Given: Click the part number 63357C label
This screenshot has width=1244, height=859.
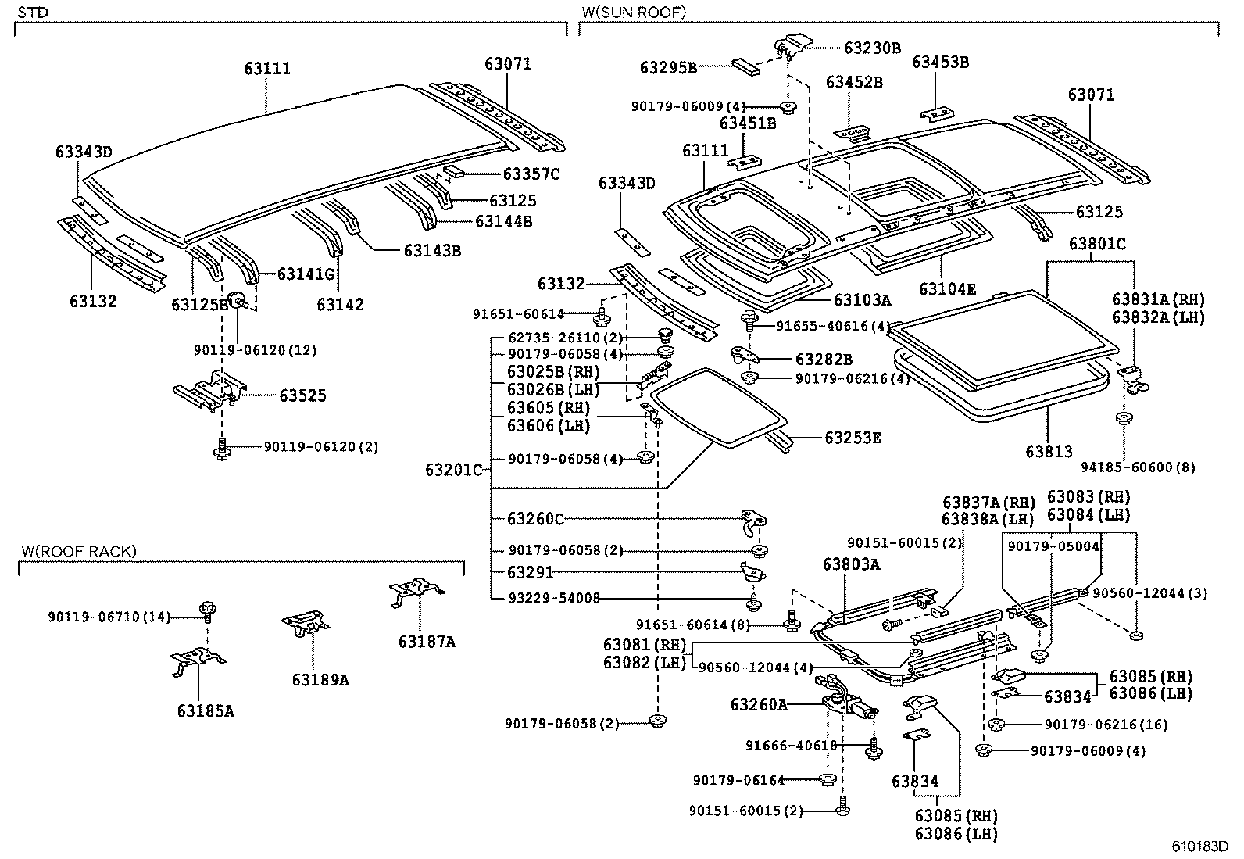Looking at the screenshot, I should point(531,174).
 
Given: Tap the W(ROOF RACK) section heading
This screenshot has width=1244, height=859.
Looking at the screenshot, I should point(78,552).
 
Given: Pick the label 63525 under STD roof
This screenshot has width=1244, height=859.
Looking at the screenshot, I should point(302,395).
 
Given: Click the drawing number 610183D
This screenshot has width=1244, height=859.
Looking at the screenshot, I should point(1199,846).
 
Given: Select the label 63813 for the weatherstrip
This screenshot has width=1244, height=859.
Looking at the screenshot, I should point(1049,451).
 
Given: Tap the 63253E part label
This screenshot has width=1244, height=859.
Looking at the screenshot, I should point(853,438).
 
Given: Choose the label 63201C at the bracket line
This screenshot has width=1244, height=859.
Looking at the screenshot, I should point(454,470).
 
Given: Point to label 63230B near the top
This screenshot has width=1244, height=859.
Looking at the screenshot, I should point(872,48).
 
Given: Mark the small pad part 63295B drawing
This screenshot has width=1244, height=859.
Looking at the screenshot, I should point(745,66).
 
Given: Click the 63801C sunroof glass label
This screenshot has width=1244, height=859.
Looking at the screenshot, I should point(1097,244).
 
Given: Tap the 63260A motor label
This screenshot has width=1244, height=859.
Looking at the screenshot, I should point(759,704).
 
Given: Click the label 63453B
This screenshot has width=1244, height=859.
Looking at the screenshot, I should point(940,62).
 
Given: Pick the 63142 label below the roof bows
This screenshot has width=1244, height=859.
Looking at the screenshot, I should point(340,304).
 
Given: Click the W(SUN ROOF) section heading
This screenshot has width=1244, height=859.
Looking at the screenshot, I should point(634,13).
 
